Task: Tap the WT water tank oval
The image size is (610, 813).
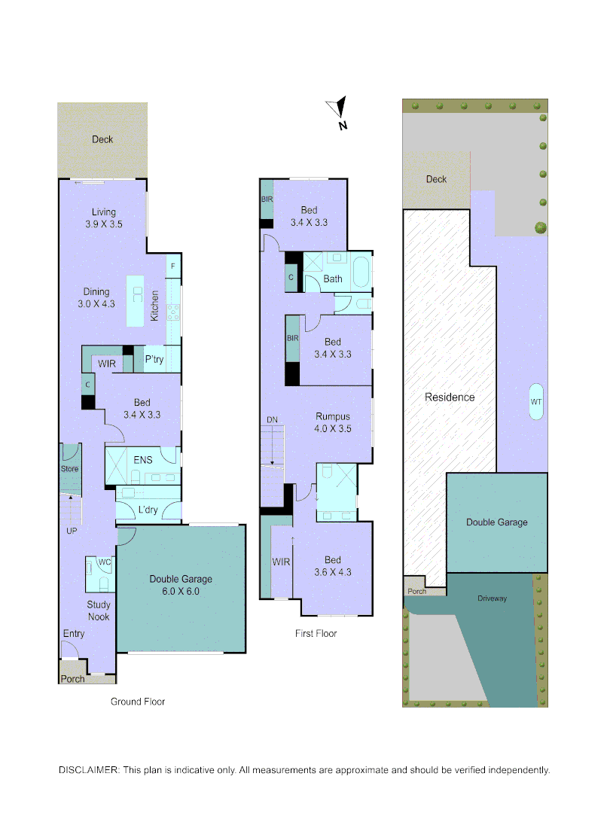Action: point(535,402)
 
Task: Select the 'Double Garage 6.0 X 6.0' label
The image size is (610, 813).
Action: point(181,585)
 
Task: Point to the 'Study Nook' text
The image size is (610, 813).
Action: point(99,611)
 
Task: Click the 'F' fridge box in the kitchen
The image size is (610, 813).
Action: point(173,266)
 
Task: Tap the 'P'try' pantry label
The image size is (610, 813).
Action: point(154,360)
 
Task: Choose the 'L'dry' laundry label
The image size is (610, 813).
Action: point(147,510)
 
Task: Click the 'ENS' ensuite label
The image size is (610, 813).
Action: point(143,459)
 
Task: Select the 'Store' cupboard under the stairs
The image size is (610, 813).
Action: point(69,468)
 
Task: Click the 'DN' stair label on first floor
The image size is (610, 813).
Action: point(272,419)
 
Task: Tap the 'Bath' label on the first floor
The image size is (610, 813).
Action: point(333,279)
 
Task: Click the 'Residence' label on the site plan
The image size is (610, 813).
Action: point(450,397)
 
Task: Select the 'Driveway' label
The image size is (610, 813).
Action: point(492,598)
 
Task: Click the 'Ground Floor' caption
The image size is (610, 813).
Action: point(138,702)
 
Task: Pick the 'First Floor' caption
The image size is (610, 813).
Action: point(316,634)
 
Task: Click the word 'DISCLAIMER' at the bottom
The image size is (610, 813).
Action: point(88,770)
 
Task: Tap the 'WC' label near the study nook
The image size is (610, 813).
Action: point(104,562)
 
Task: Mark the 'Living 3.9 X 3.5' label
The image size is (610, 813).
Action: point(104,218)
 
